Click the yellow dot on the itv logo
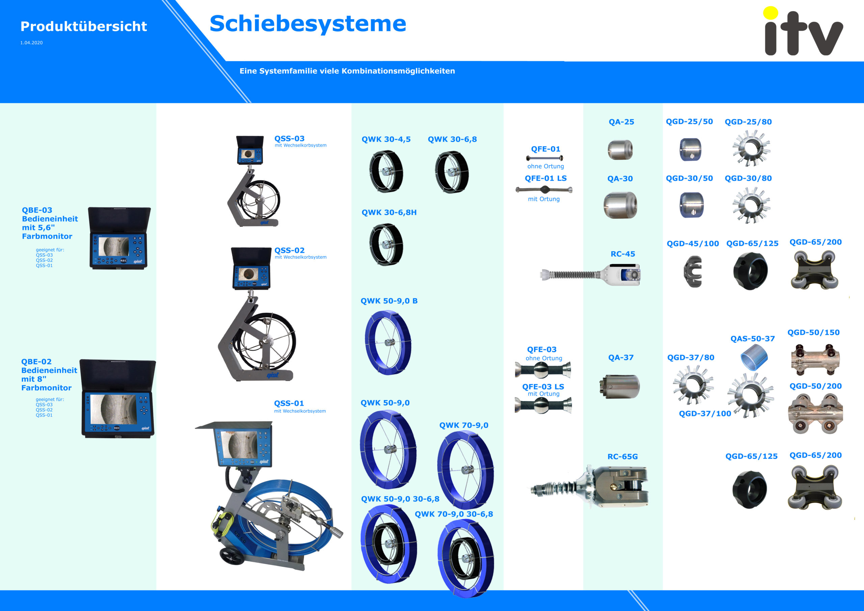click(x=770, y=13)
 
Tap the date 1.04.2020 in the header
click(x=32, y=43)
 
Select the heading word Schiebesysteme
click(x=308, y=23)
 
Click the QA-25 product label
click(x=621, y=122)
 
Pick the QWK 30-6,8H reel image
click(x=386, y=244)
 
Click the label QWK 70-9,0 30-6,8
click(x=454, y=514)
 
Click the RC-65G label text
click(x=622, y=456)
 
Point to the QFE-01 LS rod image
click(x=544, y=189)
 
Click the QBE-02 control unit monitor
click(x=118, y=399)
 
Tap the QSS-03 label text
click(x=289, y=138)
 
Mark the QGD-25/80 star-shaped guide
click(x=751, y=148)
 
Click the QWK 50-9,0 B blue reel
click(x=388, y=342)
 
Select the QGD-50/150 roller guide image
click(x=815, y=360)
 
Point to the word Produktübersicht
click(x=84, y=26)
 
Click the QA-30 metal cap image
click(x=620, y=205)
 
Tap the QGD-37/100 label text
click(x=705, y=414)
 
